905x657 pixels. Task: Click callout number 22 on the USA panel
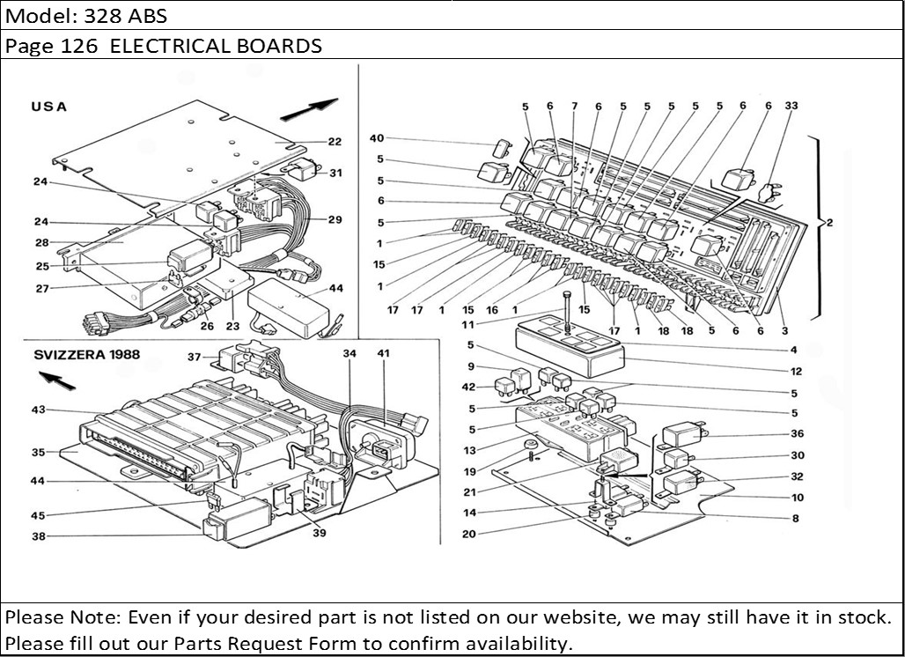335,141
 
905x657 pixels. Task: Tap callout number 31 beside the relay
335,173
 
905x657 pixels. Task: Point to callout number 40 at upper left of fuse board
377,138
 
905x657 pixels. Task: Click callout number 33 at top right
791,106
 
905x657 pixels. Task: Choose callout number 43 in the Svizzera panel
39,410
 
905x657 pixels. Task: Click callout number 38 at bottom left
39,535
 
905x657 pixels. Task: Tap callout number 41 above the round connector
382,353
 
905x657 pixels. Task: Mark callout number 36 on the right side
797,433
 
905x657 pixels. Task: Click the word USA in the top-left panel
48,107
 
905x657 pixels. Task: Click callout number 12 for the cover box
794,371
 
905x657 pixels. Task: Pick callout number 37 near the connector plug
195,356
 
